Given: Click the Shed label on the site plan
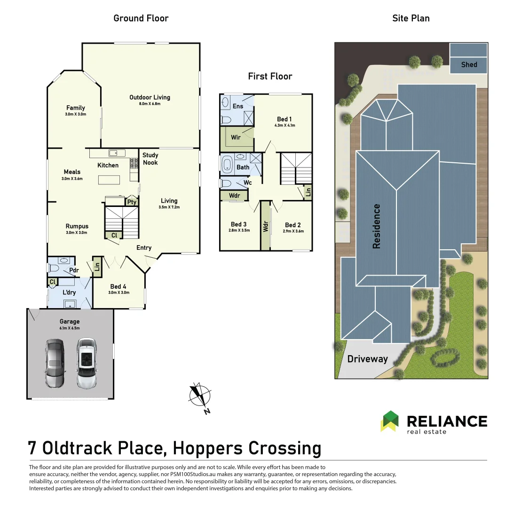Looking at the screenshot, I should point(468,65).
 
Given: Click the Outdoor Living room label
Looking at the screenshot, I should point(150,97).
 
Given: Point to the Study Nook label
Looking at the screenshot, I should point(150,159).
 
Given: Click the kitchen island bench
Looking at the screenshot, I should point(109,180).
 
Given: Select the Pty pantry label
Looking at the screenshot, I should point(132,202).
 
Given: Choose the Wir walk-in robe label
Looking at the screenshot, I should point(236,138).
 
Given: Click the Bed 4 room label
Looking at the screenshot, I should point(118,286).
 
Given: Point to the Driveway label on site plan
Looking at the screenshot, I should point(367,359).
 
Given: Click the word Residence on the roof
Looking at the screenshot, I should point(376,226).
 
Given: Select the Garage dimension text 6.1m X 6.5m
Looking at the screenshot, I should point(69,328).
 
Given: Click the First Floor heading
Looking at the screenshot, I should point(270,76).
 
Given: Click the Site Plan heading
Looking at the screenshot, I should point(411,18).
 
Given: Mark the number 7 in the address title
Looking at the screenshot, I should point(33,448).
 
